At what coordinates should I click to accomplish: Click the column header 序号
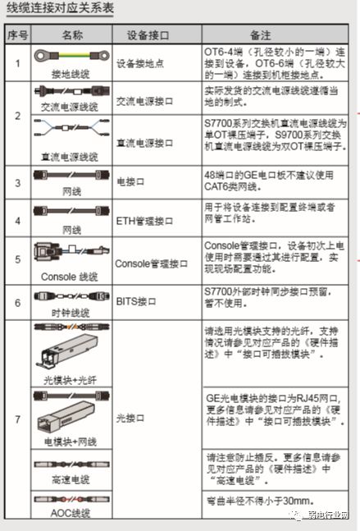[16, 35]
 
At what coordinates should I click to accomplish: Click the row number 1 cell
[16, 63]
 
